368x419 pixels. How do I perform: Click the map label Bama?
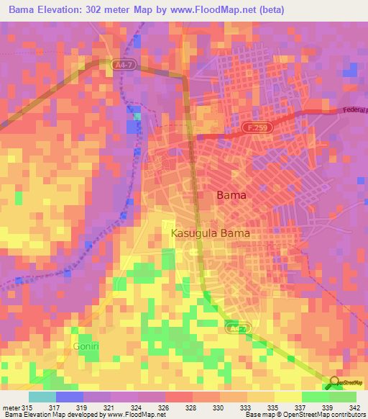coord(231,195)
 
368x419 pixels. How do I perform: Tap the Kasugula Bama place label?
coord(210,233)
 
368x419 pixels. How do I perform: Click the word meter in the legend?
coord(11,407)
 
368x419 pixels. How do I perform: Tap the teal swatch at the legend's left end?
coord(42,397)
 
